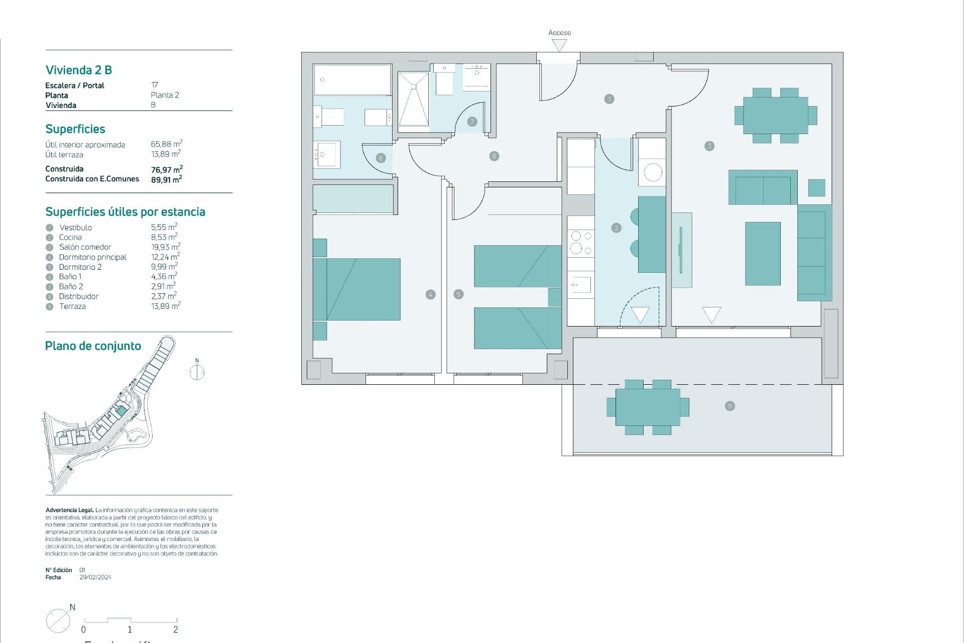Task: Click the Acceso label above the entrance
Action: [559, 33]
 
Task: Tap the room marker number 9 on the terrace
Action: [730, 406]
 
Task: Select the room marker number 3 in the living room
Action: [709, 146]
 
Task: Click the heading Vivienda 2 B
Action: [79, 70]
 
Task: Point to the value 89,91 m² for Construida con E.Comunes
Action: [166, 179]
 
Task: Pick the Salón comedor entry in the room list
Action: [85, 247]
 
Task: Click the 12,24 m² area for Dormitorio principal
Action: [165, 257]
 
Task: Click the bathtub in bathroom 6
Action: [352, 79]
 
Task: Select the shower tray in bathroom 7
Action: [413, 99]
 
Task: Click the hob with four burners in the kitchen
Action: [581, 242]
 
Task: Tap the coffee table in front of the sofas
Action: [762, 254]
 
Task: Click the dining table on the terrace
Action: [648, 407]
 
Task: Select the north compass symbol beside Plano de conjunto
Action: [197, 372]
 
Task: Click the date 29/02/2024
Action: [95, 577]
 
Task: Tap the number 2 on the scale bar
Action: [176, 629]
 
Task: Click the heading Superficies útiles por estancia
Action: [125, 212]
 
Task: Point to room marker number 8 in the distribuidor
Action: [494, 156]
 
